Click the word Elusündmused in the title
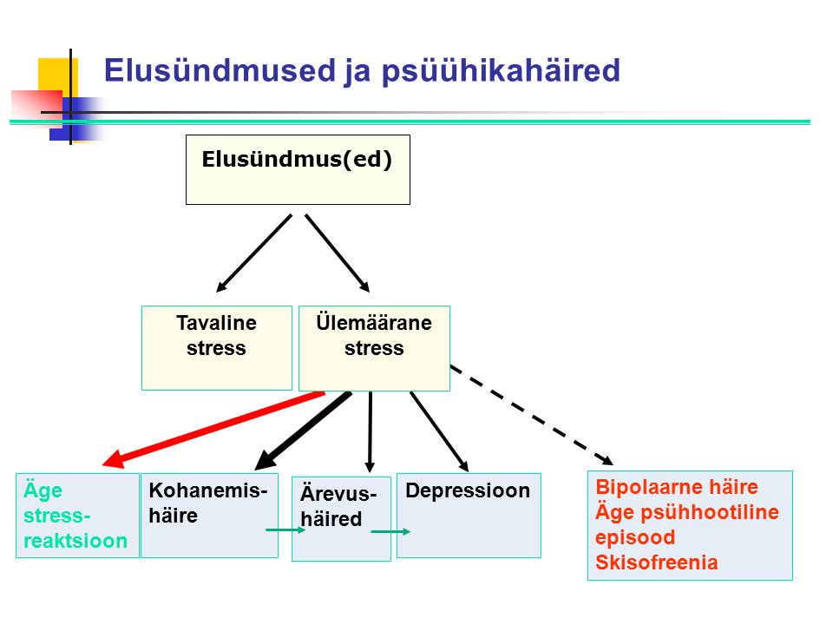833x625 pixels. point(220,70)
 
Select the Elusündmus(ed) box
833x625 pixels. point(298,169)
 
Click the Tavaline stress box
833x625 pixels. point(217,348)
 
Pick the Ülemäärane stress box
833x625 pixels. point(375,348)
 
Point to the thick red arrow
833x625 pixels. point(213,430)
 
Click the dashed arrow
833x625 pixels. point(532,415)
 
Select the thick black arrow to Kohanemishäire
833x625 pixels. point(304,431)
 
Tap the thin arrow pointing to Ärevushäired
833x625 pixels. point(371,431)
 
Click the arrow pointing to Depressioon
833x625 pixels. point(439,431)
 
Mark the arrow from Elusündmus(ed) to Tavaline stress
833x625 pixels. point(254,253)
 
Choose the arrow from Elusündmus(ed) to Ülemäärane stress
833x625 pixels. point(338,253)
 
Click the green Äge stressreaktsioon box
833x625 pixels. point(77,516)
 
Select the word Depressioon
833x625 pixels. point(468,490)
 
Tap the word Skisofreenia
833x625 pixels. point(657,562)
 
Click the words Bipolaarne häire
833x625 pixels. point(677,487)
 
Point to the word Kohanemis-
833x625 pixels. point(207,490)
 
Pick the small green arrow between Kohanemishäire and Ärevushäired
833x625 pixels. point(285,530)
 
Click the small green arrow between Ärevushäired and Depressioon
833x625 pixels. point(390,531)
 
